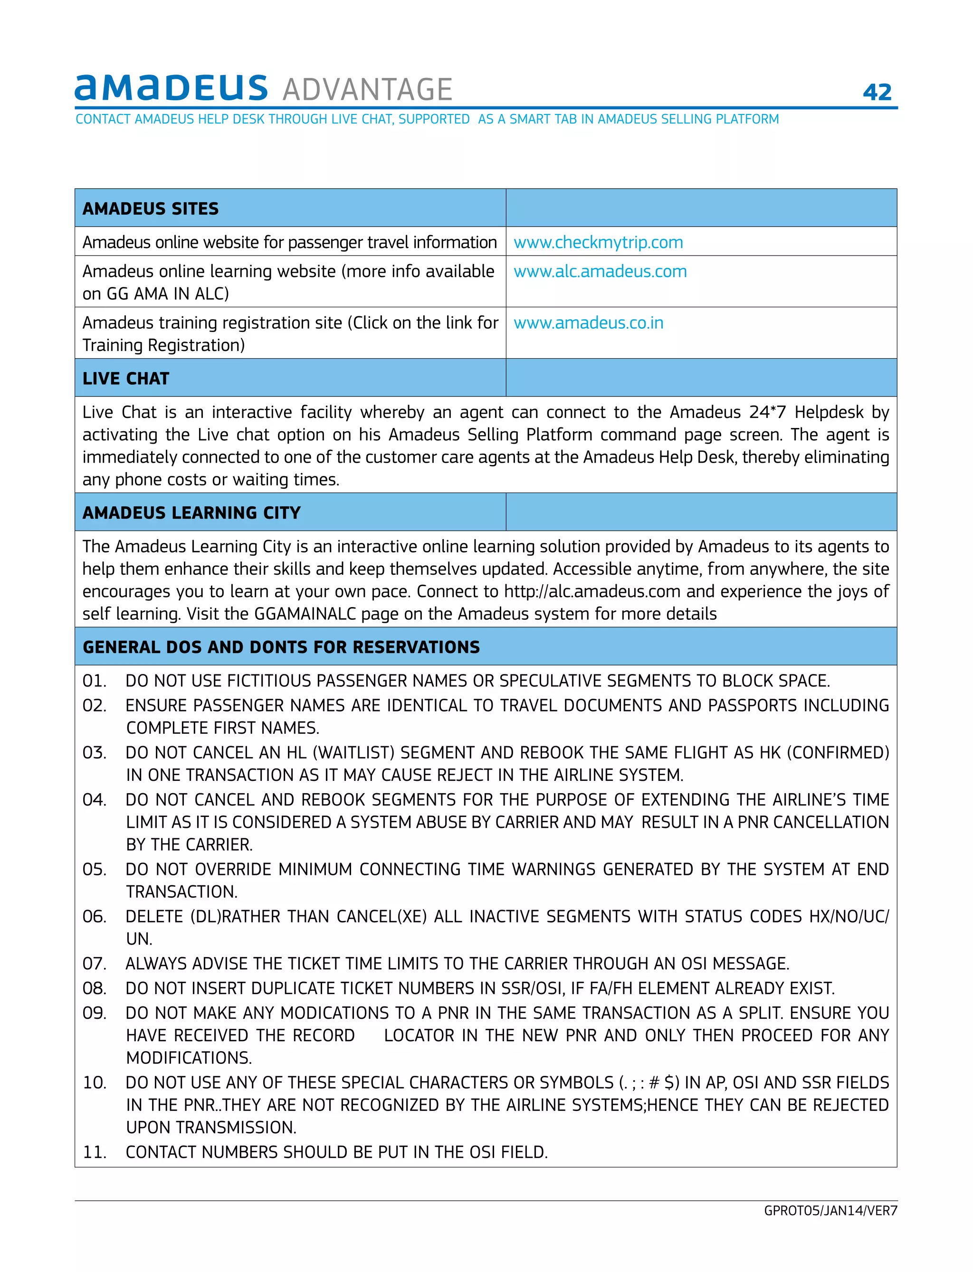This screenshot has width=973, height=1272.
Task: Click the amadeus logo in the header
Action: click(171, 88)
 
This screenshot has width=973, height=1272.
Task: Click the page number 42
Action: click(877, 92)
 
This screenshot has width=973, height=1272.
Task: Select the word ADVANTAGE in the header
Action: click(367, 90)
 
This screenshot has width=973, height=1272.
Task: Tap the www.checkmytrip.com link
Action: click(598, 242)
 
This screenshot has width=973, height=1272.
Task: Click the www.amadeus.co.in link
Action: click(589, 323)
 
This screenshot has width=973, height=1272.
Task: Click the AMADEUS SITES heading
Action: click(151, 209)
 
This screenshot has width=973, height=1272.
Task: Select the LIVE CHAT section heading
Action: click(126, 378)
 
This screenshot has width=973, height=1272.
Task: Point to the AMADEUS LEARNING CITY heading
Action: click(191, 513)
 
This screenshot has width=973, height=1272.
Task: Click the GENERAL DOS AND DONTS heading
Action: click(281, 647)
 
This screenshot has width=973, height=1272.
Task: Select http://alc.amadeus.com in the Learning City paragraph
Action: click(592, 591)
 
